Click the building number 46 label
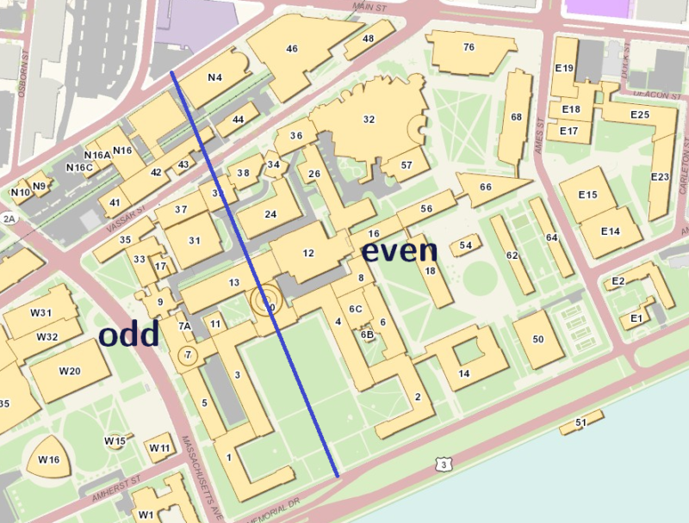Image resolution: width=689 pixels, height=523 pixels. [292, 49]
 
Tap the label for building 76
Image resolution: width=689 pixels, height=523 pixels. [469, 47]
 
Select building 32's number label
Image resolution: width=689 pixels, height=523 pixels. [369, 120]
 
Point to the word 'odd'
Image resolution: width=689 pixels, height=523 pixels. [128, 335]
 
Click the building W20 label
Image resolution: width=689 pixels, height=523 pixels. [70, 371]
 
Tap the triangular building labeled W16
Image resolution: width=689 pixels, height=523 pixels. [48, 460]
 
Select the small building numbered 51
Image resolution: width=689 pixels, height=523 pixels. [580, 422]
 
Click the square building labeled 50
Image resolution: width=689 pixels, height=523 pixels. [538, 340]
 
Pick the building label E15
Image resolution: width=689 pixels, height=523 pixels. [587, 195]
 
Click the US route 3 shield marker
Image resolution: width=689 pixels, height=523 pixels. [444, 465]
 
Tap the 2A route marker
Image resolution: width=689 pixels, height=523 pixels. [9, 219]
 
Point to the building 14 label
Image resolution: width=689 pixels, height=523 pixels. [464, 373]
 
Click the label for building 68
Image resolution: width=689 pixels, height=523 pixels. [516, 117]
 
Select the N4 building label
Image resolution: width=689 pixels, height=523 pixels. [215, 77]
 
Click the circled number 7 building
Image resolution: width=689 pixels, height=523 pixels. [187, 355]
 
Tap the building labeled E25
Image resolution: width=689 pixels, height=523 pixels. [639, 114]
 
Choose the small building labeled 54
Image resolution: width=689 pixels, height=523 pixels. [466, 246]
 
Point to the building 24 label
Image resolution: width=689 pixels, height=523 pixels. [270, 214]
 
